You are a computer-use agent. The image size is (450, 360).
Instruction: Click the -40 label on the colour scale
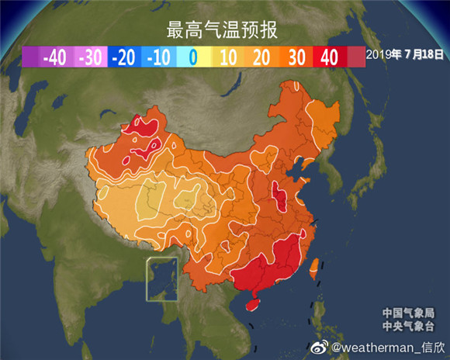(x=54, y=56)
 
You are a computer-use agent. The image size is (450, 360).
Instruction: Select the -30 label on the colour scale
(x=91, y=56)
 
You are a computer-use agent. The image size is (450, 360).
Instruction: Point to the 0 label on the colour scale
(x=192, y=56)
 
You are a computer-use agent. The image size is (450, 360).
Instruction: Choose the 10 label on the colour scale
(x=228, y=56)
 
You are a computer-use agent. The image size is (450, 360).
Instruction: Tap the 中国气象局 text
(x=403, y=313)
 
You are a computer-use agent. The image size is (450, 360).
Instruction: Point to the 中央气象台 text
(x=403, y=326)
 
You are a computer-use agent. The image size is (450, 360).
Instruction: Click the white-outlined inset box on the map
(x=162, y=279)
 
